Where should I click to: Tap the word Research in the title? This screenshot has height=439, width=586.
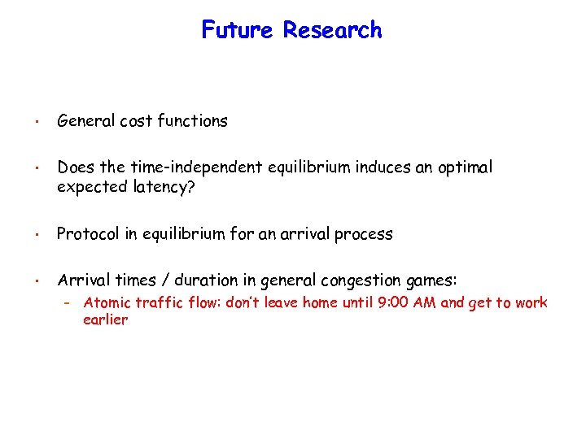pyautogui.click(x=332, y=30)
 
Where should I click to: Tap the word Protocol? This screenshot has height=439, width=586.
pyautogui.click(x=87, y=234)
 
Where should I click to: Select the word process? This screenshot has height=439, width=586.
pyautogui.click(x=365, y=234)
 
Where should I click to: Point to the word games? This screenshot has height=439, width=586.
pyautogui.click(x=431, y=280)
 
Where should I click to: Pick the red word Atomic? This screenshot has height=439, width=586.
pyautogui.click(x=105, y=302)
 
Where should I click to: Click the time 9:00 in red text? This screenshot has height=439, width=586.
pyautogui.click(x=419, y=302)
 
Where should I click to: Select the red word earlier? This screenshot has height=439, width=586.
pyautogui.click(x=105, y=319)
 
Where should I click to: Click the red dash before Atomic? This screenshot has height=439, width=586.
pyautogui.click(x=69, y=303)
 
